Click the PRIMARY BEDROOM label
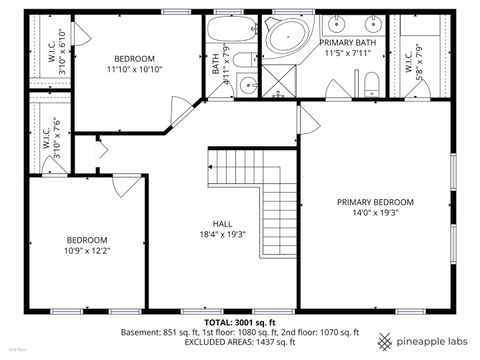(375, 202)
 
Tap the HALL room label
(222, 223)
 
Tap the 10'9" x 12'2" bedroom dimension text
(87, 252)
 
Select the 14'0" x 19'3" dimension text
(375, 213)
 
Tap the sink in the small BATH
(247, 85)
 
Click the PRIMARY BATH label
(347, 43)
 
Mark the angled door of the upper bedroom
(184, 113)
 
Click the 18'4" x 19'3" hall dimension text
(222, 234)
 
